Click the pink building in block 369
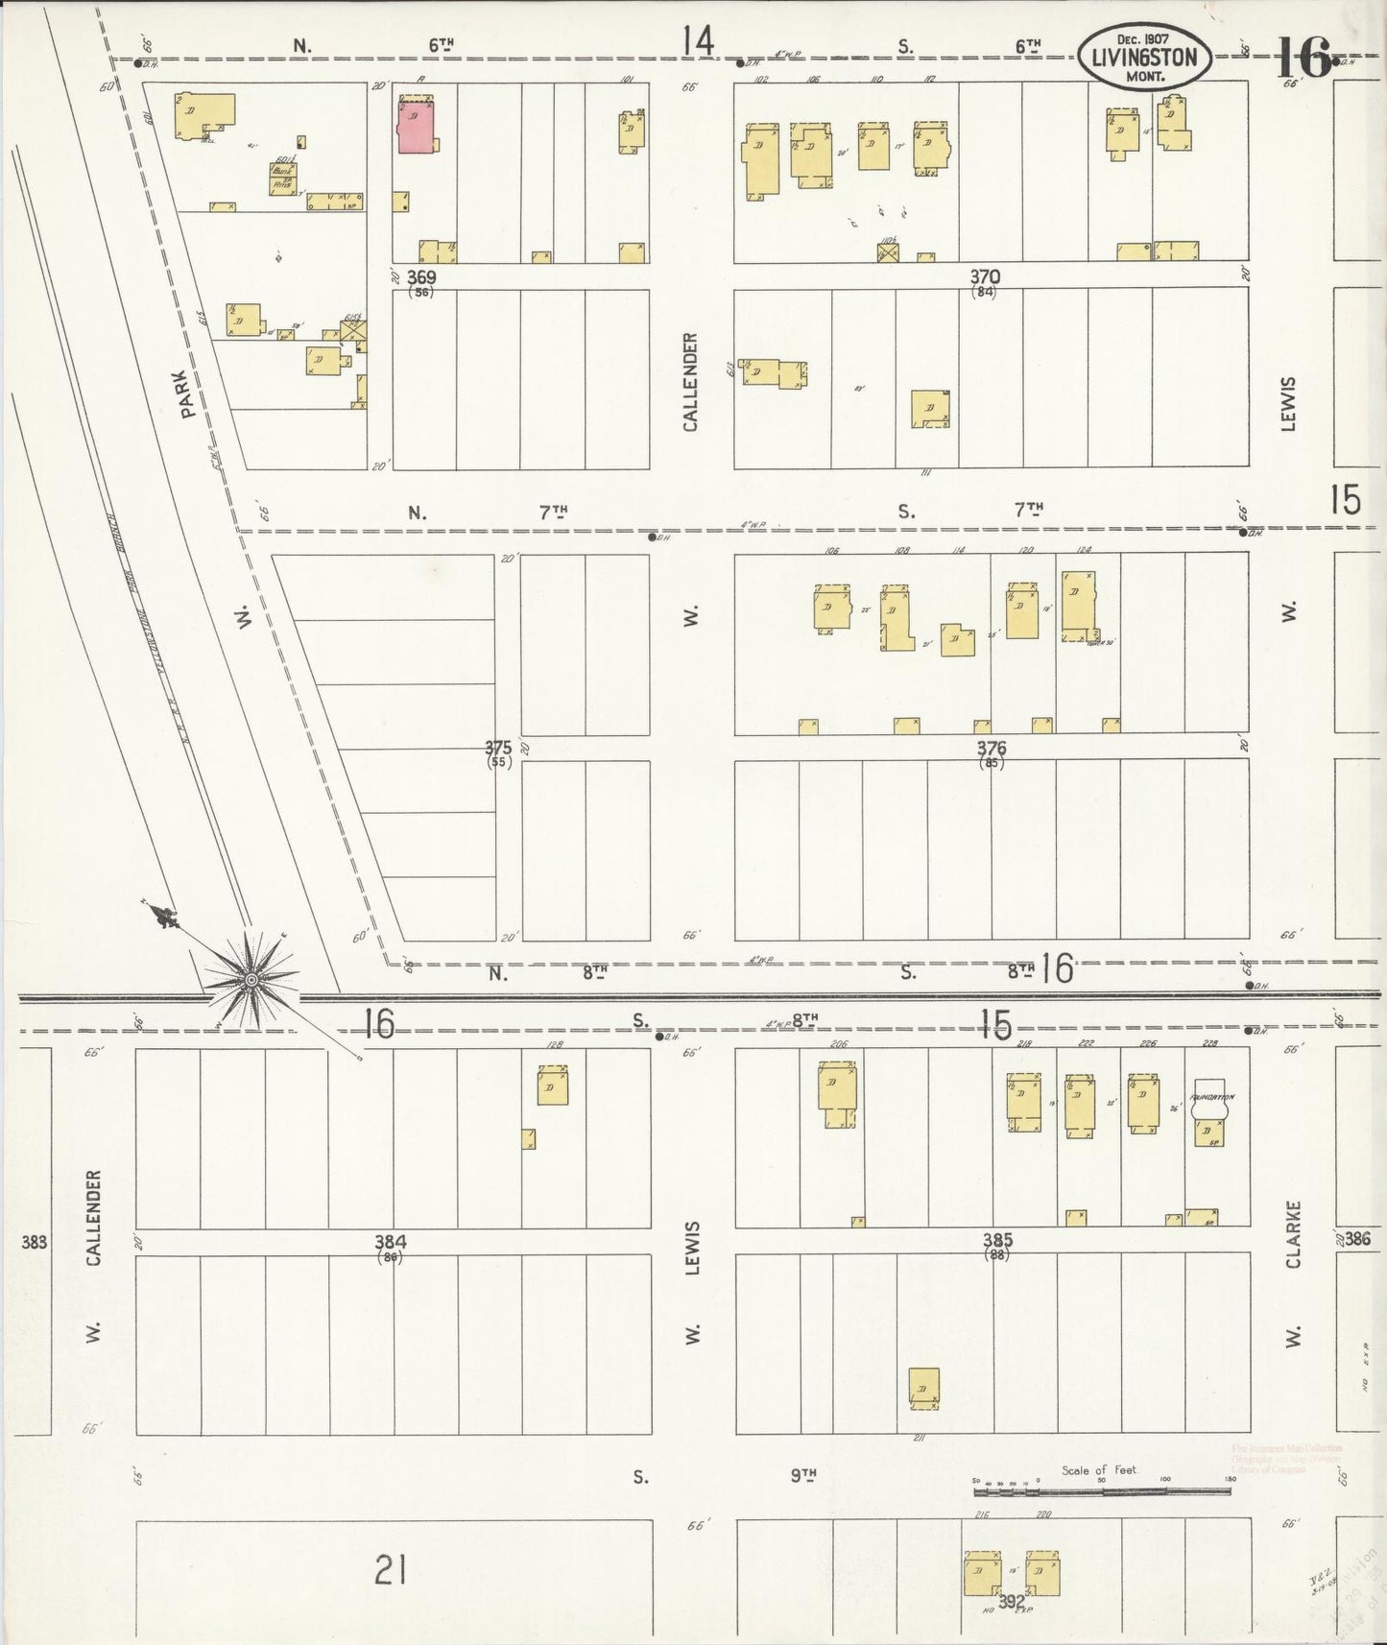pos(416,124)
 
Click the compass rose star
pos(251,979)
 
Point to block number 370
pos(984,277)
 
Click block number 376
pos(991,748)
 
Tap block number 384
pos(390,1242)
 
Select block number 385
pos(997,1241)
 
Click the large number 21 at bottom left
pos(391,1571)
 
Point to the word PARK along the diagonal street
pos(188,395)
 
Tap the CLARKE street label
pos(1293,1234)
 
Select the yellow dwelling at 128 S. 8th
pos(552,1088)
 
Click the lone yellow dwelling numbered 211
pos(923,1387)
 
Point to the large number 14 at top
pos(699,41)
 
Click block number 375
pos(497,748)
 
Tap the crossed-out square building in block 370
pos(889,251)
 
